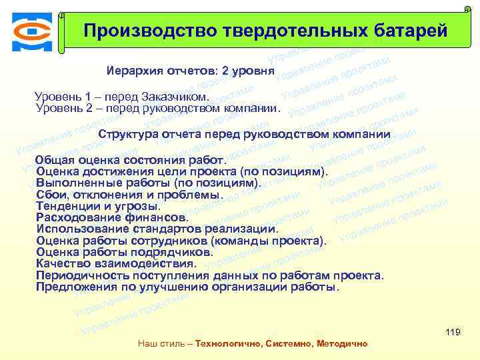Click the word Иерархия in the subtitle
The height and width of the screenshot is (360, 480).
[131, 71]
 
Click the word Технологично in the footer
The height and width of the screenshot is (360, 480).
[227, 343]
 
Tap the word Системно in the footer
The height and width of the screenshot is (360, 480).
[286, 343]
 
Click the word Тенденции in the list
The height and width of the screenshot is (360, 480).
[62, 206]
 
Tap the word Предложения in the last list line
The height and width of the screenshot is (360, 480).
[71, 287]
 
